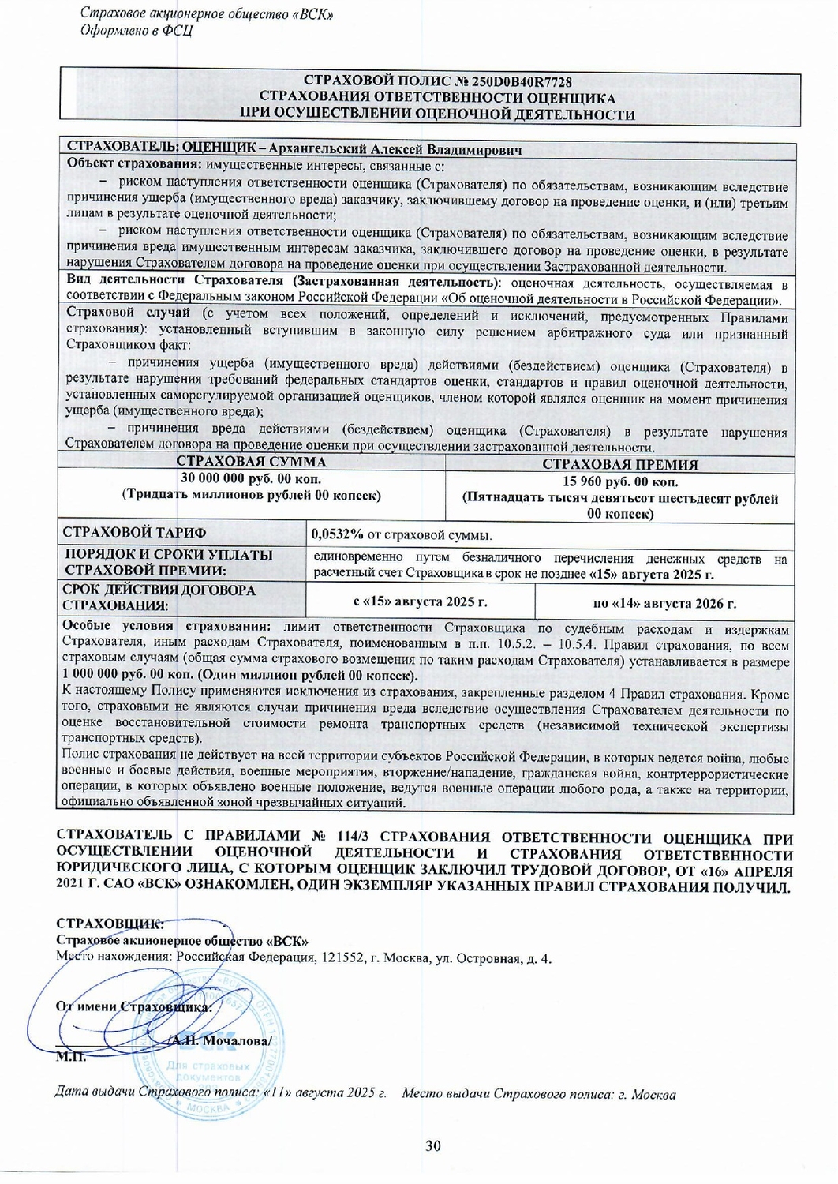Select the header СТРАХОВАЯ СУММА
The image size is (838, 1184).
pos(250,462)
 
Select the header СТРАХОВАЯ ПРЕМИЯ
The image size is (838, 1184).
pos(619,464)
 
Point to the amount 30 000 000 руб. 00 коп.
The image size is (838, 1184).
pos(250,479)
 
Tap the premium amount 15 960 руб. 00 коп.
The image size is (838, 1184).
pos(619,481)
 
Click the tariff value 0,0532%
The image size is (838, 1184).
pos(337,536)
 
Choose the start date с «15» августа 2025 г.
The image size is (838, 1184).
pos(420,602)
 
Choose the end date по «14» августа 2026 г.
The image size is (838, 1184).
pos(664,604)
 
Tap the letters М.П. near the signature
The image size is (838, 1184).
pos(70,1058)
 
